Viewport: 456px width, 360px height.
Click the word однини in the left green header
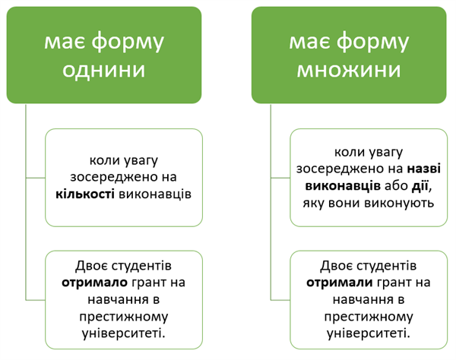pos(104,71)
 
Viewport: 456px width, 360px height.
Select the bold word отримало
pos(94,283)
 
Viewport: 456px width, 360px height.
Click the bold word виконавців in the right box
pos(334,186)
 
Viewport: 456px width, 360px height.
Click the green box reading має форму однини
pos(104,55)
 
